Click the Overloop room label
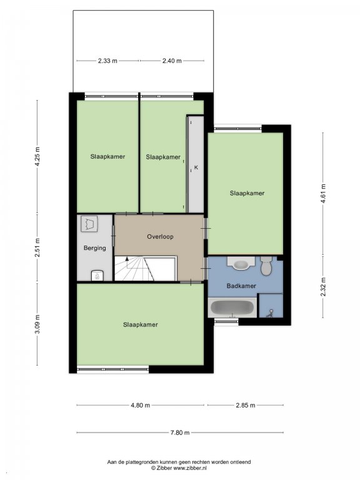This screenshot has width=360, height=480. [160, 237]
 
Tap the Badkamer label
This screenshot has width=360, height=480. [241, 286]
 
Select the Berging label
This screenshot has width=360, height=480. [95, 248]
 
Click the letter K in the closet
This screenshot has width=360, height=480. [196, 167]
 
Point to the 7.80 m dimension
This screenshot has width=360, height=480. [180, 432]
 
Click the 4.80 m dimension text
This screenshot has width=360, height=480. [141, 405]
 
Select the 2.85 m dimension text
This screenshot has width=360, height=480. [246, 405]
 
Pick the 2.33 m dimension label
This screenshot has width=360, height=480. [107, 61]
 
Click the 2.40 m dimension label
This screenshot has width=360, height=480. [172, 61]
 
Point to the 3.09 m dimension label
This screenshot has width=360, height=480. [37, 324]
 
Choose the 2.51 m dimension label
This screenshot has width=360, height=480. [37, 248]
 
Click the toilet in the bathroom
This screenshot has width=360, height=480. [266, 266]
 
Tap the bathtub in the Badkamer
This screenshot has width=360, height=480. [232, 307]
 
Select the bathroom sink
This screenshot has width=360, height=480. [241, 264]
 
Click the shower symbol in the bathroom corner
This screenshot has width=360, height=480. [270, 314]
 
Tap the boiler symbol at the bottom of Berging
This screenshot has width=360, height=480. [97, 276]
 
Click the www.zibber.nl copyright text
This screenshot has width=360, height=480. [179, 468]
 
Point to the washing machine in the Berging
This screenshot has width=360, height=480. [89, 224]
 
